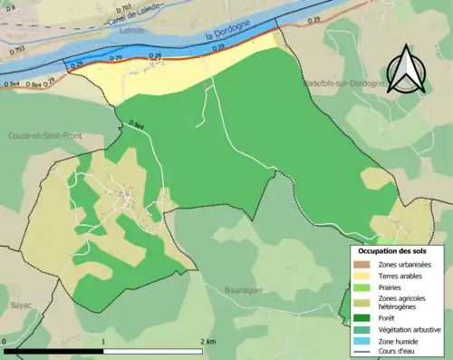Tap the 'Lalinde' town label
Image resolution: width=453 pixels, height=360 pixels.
[x=132, y=29]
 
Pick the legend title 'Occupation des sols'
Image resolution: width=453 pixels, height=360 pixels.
[x=392, y=250]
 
